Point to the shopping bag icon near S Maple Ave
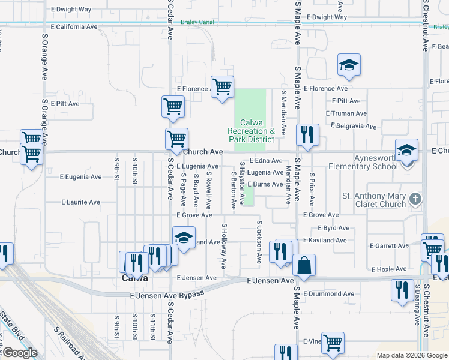[x=304, y=265]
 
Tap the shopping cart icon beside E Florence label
[x=222, y=86]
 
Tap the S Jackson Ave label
[x=259, y=242]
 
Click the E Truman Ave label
[x=346, y=113]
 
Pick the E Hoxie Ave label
[x=390, y=270]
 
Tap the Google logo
[x=20, y=353]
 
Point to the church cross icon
[x=415, y=198]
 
